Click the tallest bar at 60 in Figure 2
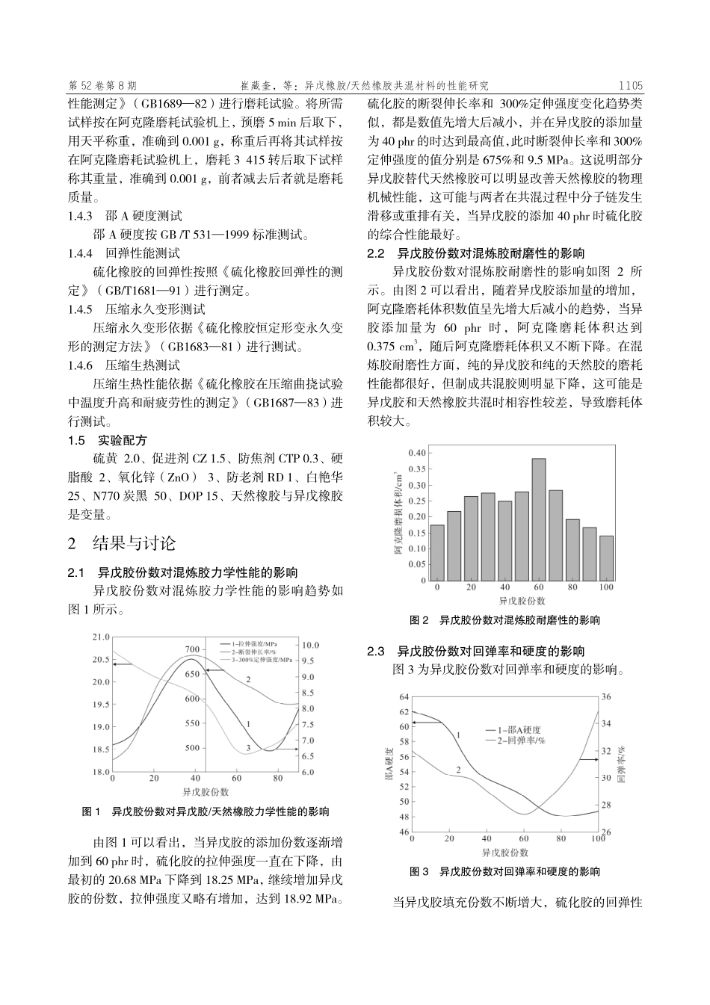tap(539, 519)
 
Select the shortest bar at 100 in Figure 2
tap(606, 557)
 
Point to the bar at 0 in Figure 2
tap(437, 552)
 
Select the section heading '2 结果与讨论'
tap(122, 543)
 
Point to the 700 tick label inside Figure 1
tap(192, 649)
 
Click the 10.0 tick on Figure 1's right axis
tap(310, 645)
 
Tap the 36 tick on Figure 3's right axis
tap(606, 697)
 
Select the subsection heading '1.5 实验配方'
tap(108, 440)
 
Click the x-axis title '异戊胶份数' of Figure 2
tap(522, 601)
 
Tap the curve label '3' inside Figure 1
tap(247, 748)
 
